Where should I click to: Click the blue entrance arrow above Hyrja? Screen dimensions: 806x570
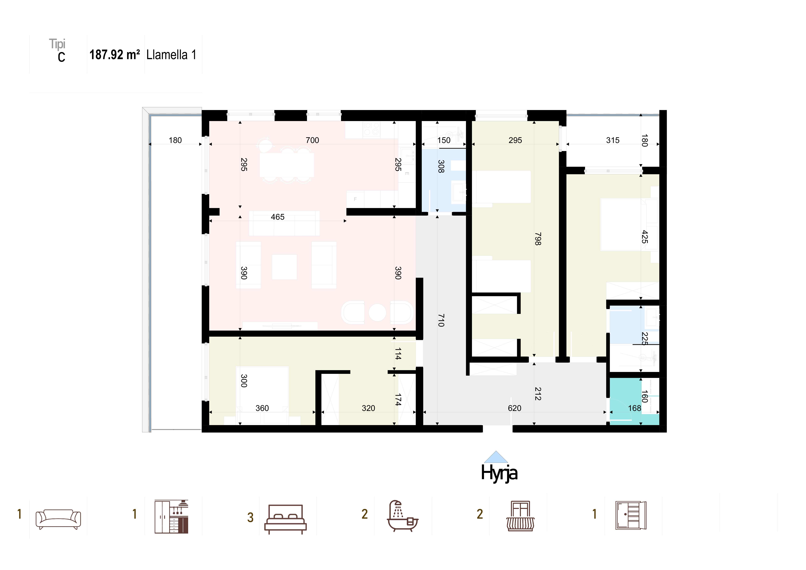pos(496,457)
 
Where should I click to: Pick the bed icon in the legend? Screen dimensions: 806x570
pos(285,519)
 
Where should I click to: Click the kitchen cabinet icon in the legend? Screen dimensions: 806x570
pos(171,517)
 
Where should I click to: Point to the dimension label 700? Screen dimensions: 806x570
pos(312,140)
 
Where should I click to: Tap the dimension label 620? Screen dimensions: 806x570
pos(515,408)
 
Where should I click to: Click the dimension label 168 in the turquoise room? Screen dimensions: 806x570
pos(635,408)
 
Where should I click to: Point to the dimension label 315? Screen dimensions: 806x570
pos(613,140)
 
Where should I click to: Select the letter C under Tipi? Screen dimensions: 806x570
pos(61,57)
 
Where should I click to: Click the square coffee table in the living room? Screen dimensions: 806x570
pos(284,267)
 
